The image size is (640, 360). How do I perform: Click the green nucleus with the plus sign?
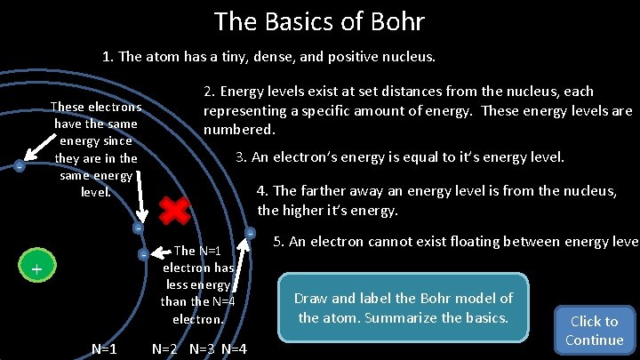[36, 268]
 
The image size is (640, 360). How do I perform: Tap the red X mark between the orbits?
[175, 211]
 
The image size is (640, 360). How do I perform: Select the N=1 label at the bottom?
[105, 348]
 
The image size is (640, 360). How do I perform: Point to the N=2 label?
[169, 348]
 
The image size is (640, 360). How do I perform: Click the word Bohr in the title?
[394, 20]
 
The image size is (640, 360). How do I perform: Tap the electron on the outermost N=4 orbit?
[252, 233]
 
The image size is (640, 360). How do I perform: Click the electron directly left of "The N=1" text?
[143, 255]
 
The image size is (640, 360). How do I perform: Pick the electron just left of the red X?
[138, 228]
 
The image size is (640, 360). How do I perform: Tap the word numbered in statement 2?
[240, 130]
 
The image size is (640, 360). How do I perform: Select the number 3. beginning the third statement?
[241, 157]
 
